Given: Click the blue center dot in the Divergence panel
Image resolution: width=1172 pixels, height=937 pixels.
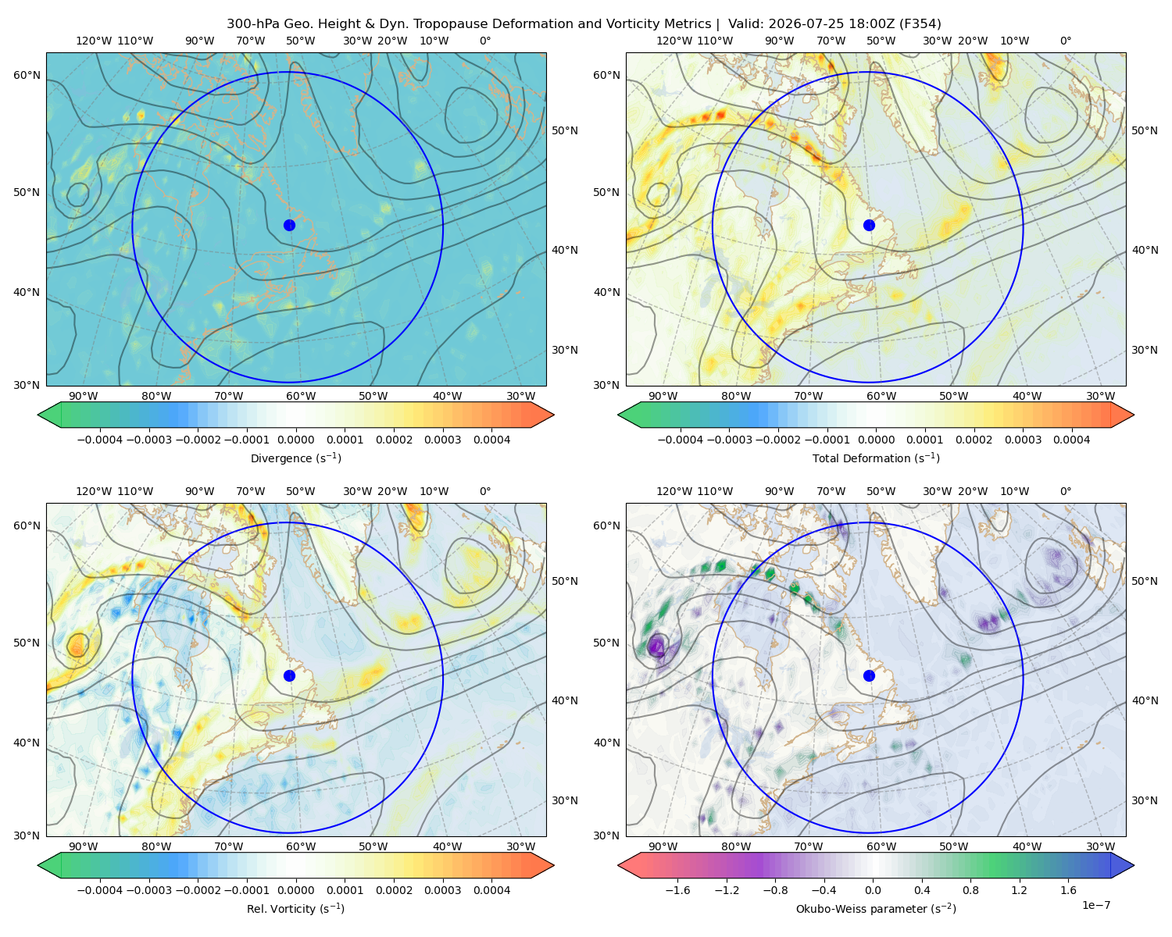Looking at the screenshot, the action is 289,225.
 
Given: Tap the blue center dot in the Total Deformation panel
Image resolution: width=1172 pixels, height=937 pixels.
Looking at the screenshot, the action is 869,225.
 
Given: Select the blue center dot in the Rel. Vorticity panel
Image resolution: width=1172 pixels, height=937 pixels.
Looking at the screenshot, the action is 289,675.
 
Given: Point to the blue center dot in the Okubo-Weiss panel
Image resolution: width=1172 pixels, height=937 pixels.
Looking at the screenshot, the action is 869,675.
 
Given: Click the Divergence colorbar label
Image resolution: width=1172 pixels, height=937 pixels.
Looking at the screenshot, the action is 295,458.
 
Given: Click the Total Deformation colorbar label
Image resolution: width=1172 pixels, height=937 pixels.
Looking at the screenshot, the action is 876,458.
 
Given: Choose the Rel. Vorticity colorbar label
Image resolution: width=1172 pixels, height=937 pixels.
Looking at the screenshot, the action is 295,909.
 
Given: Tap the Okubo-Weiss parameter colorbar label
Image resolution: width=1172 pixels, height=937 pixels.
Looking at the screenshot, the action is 876,909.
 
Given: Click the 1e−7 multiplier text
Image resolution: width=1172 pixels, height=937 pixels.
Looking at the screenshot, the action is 1095,905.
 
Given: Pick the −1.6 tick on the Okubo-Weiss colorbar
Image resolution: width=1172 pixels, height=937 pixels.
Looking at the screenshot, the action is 677,890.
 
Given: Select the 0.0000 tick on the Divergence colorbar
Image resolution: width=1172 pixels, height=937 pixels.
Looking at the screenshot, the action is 295,440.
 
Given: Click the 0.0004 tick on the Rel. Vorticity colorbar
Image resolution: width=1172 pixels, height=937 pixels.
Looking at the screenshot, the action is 491,890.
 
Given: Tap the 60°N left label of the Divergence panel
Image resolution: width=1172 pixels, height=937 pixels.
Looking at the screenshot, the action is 27,75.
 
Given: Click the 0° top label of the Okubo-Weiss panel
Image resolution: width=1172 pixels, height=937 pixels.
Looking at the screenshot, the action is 1065,491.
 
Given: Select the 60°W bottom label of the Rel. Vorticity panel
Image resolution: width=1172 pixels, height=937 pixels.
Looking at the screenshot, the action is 301,846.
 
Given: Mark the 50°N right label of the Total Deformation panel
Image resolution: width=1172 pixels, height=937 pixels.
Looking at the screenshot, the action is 1145,130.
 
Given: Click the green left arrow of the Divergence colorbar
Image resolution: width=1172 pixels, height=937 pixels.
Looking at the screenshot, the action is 49,415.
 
